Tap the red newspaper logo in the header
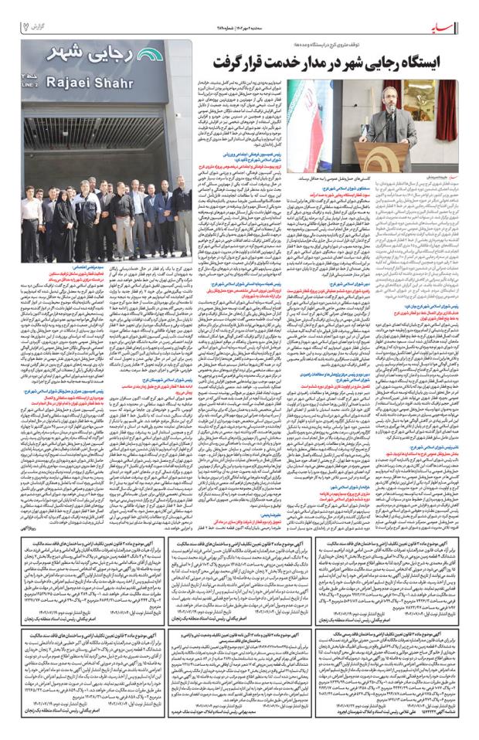(447, 26)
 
